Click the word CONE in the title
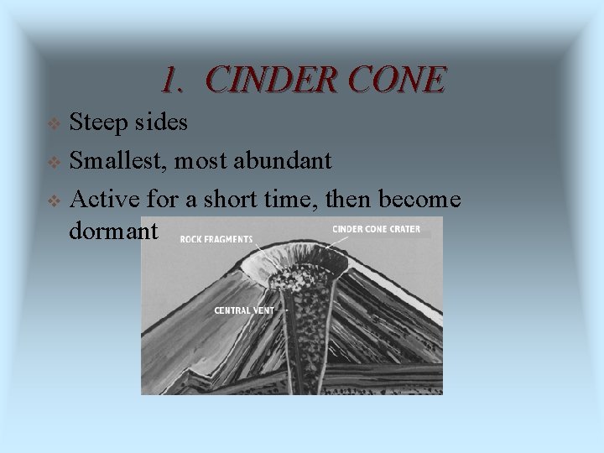coord(405,80)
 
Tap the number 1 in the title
coord(171,80)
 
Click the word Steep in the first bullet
coord(98,123)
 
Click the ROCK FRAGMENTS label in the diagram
coord(216,239)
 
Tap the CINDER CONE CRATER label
coord(376,229)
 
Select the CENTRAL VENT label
coord(242,310)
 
